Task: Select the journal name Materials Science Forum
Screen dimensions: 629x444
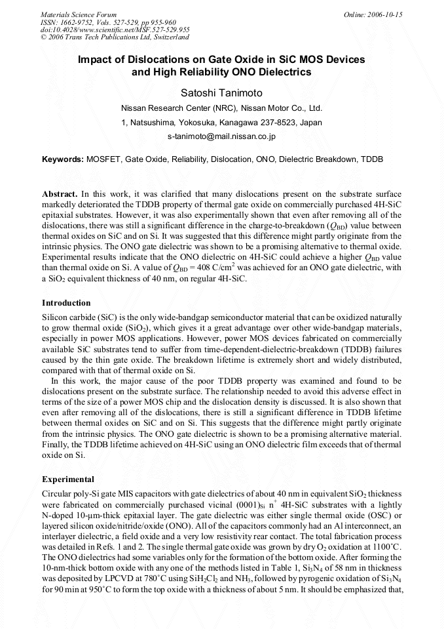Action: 79,14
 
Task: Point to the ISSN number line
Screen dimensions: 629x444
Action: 109,22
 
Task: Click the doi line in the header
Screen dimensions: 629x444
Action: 115,30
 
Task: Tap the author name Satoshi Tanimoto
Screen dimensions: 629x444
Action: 221,91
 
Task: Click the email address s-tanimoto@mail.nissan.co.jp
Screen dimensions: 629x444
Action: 221,136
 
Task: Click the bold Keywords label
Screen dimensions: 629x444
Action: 63,159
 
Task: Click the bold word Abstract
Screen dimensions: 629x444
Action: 60,195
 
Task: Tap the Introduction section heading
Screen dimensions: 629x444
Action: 66,303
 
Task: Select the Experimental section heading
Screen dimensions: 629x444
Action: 67,479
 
